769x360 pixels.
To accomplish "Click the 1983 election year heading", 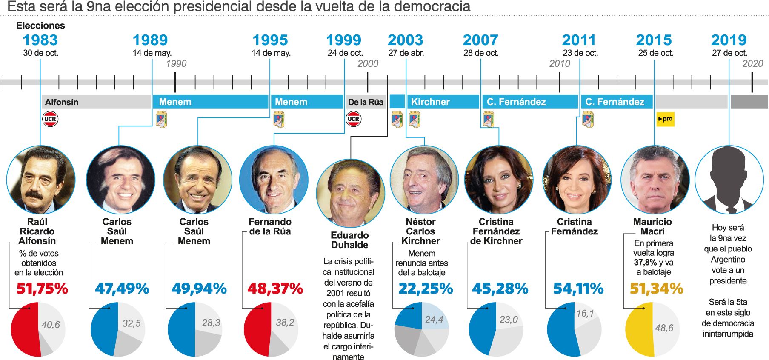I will click(x=40, y=40).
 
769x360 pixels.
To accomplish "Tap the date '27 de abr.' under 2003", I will click(x=406, y=53).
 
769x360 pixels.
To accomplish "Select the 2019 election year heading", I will click(x=729, y=40).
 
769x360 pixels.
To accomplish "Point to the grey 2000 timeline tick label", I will click(x=368, y=64).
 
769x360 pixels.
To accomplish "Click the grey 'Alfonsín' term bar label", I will click(x=62, y=102).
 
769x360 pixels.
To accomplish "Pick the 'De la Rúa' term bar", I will click(x=366, y=102).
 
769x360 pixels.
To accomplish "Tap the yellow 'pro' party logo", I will click(x=665, y=119).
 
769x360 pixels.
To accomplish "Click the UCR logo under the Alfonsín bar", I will click(x=50, y=119).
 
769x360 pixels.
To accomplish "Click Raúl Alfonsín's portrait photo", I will click(x=41, y=180).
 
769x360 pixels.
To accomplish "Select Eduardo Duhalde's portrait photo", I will click(x=350, y=194).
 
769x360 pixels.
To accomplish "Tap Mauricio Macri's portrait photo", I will click(x=655, y=180).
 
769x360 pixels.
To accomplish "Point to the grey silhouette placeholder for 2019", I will click(x=729, y=180).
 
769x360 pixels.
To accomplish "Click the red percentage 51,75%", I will click(x=42, y=289).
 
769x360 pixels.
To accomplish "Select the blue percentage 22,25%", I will click(x=426, y=289).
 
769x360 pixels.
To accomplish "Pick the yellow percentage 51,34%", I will click(x=656, y=289).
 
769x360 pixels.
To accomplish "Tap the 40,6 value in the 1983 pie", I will click(x=51, y=325).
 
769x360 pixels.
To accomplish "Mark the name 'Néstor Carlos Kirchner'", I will click(x=420, y=231).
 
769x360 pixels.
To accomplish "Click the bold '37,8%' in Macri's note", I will click(x=645, y=263).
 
